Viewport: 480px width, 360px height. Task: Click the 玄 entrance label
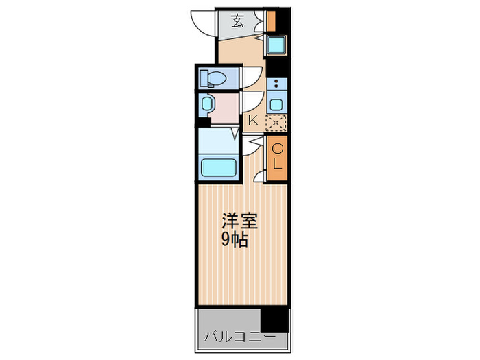237,21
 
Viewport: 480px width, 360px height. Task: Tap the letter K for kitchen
252,121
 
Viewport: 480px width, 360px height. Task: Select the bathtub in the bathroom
217,167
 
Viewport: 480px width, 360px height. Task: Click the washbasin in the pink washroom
207,105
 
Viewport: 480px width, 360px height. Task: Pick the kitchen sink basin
276,104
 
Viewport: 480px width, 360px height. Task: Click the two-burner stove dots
276,86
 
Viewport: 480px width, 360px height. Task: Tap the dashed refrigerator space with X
276,122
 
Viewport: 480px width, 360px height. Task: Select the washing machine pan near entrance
276,47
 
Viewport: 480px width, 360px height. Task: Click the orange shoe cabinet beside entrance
271,21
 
